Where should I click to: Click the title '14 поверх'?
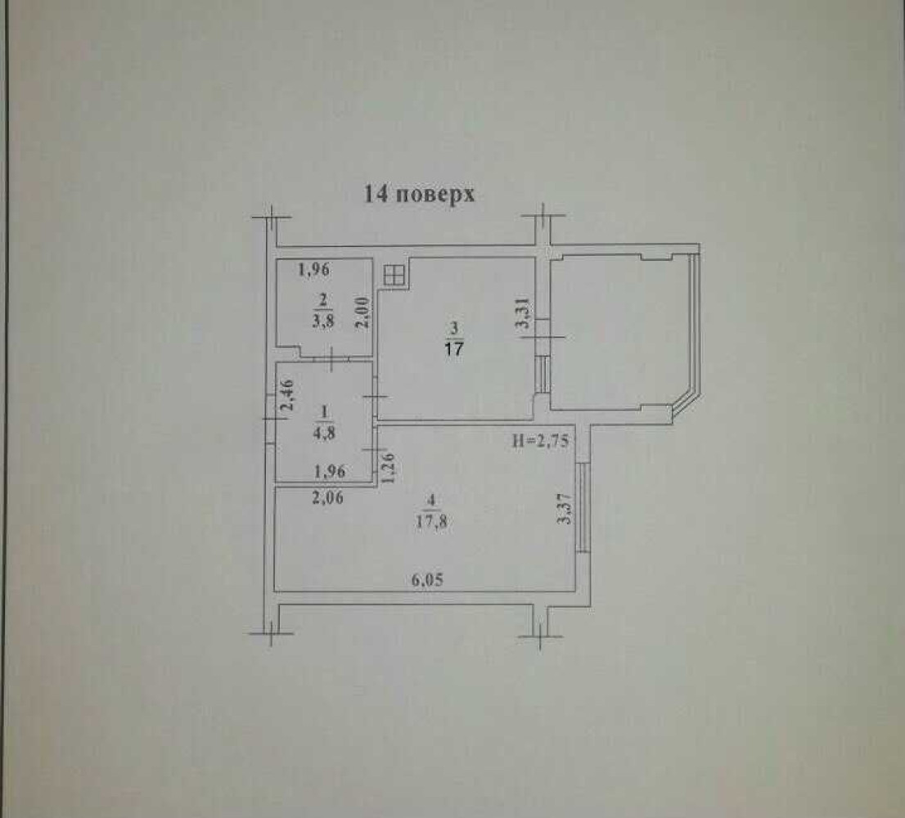[419, 194]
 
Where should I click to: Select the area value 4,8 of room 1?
[324, 434]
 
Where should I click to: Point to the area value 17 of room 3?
[454, 348]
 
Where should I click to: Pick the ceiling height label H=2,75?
[541, 441]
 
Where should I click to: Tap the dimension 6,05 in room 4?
[428, 580]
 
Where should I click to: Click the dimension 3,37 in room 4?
[565, 508]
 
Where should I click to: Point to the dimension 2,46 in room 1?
[287, 394]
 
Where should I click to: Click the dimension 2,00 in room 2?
[362, 312]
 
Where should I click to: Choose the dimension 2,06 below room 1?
[327, 497]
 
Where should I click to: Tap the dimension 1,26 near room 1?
[388, 467]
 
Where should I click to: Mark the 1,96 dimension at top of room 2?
[314, 269]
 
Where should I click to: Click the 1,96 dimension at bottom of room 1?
[330, 471]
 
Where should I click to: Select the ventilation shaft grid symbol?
[394, 275]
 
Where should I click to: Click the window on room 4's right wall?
[583, 506]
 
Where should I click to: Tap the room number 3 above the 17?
[454, 329]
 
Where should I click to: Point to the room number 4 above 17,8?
[432, 501]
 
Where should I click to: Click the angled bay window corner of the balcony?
[687, 406]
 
